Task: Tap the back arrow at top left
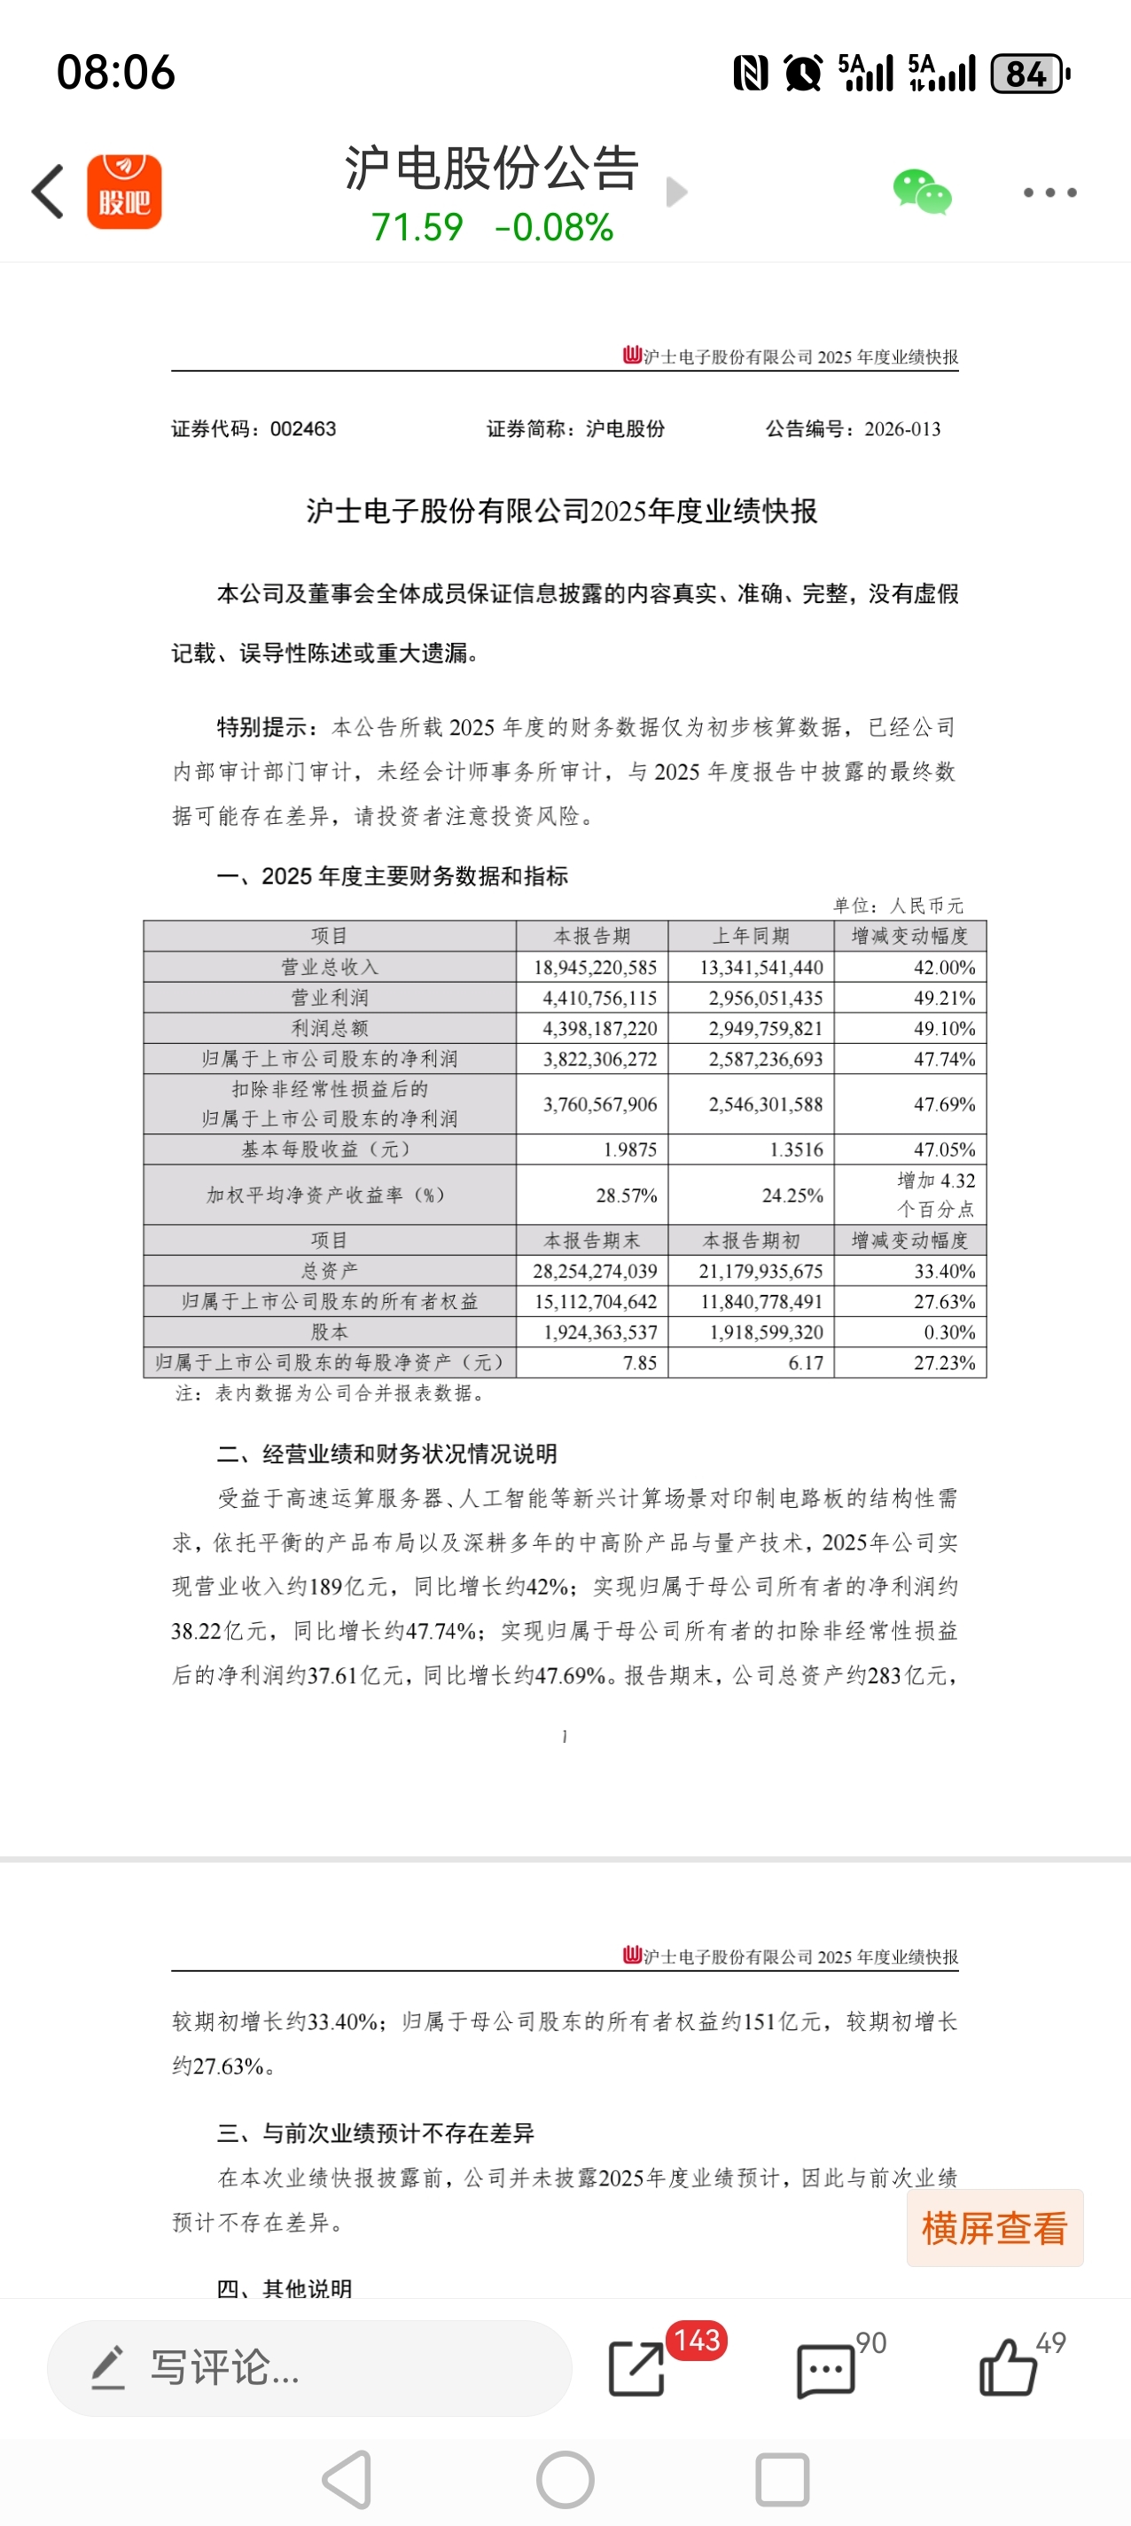coord(48,192)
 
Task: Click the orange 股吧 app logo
coord(124,192)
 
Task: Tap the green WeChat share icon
coord(921,192)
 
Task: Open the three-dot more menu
coord(1049,192)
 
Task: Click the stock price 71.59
coord(417,227)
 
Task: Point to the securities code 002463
coord(303,428)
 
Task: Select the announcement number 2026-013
coord(901,428)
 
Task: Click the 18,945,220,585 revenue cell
coord(595,967)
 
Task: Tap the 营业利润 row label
coord(330,997)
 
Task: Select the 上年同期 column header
coord(751,936)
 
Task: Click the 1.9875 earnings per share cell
coord(629,1149)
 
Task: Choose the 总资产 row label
coord(330,1271)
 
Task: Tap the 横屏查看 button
coord(994,2228)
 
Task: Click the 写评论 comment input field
coord(308,2368)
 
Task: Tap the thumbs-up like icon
coord(1008,2368)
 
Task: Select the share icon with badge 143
coord(638,2368)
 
